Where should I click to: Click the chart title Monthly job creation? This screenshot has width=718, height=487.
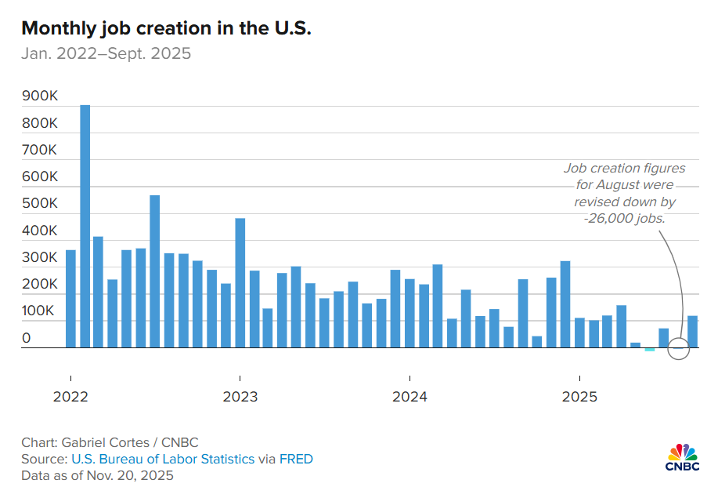pyautogui.click(x=166, y=28)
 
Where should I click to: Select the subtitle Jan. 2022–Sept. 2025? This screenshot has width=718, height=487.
pyautogui.click(x=106, y=54)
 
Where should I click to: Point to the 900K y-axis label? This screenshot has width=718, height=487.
pyautogui.click(x=39, y=96)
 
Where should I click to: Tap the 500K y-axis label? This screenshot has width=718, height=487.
pyautogui.click(x=39, y=204)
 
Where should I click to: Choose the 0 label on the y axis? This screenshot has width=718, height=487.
pyautogui.click(x=26, y=339)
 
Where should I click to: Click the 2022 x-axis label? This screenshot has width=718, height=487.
pyautogui.click(x=70, y=397)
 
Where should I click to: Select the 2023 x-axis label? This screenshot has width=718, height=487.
pyautogui.click(x=240, y=397)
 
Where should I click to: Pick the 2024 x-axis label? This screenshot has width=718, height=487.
pyautogui.click(x=410, y=397)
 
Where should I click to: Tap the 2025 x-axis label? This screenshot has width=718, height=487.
pyautogui.click(x=579, y=397)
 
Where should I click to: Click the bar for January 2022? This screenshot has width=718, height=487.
pyautogui.click(x=70, y=299)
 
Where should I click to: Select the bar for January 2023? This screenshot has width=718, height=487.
pyautogui.click(x=240, y=283)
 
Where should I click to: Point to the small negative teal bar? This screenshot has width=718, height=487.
pyautogui.click(x=649, y=349)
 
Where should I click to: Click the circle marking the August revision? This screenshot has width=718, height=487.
pyautogui.click(x=679, y=349)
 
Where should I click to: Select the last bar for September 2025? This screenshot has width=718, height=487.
pyautogui.click(x=692, y=332)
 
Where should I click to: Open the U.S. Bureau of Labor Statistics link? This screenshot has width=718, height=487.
pyautogui.click(x=163, y=459)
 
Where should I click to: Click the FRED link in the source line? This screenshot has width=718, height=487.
pyautogui.click(x=298, y=459)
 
